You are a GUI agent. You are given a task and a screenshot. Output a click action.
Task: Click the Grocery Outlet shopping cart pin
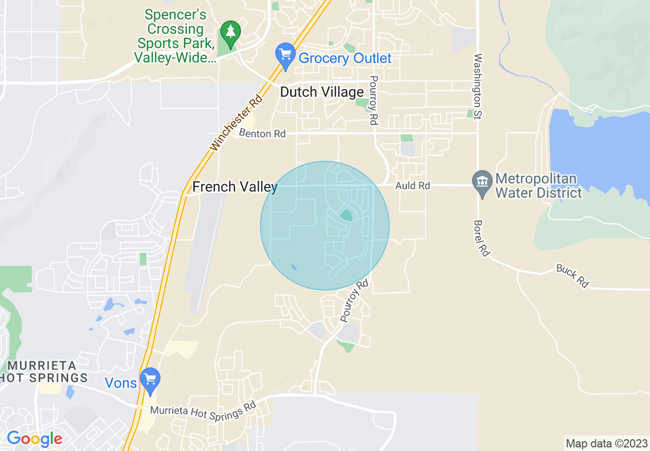click(x=285, y=56)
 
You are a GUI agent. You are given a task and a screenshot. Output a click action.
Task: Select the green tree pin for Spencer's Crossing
click(x=231, y=33)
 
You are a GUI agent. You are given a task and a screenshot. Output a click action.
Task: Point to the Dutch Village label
click(x=322, y=92)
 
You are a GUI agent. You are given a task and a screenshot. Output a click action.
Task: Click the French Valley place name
click(x=235, y=187)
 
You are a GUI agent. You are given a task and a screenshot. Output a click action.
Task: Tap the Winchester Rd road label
click(x=236, y=122)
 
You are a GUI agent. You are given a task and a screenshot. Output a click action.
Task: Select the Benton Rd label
click(x=262, y=134)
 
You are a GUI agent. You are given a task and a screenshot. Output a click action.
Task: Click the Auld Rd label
click(x=413, y=186)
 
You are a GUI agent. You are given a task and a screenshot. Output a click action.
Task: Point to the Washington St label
click(x=478, y=87)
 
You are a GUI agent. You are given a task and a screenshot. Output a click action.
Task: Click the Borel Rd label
click(x=480, y=238)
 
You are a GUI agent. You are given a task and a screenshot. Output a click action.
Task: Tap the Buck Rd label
click(x=572, y=276)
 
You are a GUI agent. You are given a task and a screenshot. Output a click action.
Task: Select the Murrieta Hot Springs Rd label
click(x=203, y=411)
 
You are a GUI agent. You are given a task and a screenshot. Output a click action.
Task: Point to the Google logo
click(x=34, y=439)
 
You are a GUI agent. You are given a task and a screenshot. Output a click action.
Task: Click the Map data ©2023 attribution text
click(x=606, y=443)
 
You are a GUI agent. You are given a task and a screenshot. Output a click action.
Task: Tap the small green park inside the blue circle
click(x=346, y=215)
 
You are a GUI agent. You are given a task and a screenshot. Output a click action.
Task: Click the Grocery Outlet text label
click(x=345, y=58)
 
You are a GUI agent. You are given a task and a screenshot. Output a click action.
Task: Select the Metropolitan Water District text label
click(x=538, y=186)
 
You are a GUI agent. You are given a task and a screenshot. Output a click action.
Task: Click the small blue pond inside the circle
click(x=293, y=267)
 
